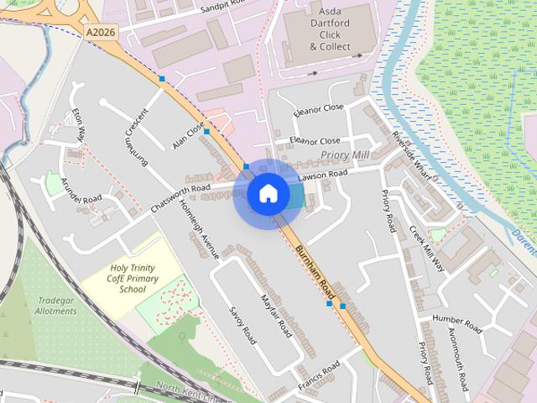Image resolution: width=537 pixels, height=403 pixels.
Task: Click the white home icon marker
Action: [x=268, y=194]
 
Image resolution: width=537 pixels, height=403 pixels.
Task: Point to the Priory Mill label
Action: [x=345, y=156]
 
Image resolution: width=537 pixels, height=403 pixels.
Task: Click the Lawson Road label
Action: [x=322, y=175]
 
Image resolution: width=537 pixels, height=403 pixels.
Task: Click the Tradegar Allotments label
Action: [x=56, y=306]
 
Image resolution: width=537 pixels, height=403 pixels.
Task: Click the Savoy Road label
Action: [x=242, y=325]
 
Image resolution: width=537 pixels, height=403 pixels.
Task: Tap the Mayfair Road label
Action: [x=274, y=314]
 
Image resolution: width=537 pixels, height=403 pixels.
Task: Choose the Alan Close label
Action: [x=188, y=136]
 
